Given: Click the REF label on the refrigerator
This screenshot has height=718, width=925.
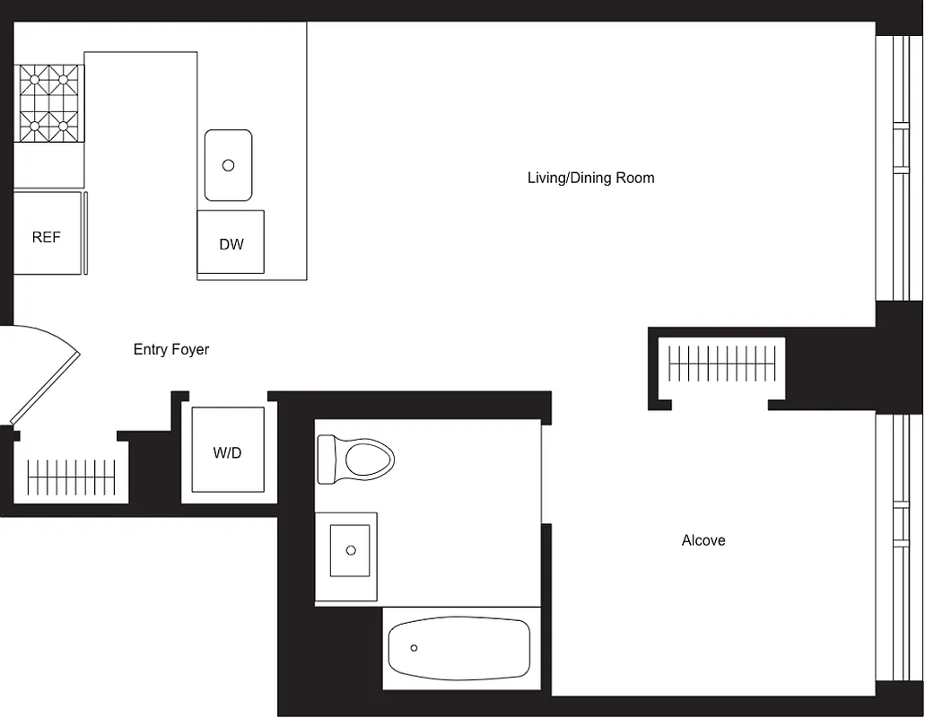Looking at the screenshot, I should tap(47, 238).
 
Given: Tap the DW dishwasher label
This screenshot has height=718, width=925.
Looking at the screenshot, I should tap(231, 244).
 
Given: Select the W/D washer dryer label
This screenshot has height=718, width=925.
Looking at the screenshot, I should tap(227, 453).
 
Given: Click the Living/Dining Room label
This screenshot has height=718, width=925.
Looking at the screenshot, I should tap(590, 178).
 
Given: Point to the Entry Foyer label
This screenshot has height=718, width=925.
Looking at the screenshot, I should tap(170, 350).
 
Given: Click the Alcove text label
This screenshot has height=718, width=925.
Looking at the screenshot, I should tap(703, 540).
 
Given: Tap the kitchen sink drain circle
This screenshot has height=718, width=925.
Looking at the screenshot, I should tap(228, 165).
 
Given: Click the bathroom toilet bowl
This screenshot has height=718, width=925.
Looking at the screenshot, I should tap(368, 460).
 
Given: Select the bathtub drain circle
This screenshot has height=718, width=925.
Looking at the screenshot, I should tap(415, 648).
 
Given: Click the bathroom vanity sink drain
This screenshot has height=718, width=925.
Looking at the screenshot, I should tap(351, 550).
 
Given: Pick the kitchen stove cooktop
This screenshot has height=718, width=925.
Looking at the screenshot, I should tap(48, 103).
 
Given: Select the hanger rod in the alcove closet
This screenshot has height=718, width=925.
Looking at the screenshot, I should tap(722, 364).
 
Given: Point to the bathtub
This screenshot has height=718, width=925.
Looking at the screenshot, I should tap(459, 649).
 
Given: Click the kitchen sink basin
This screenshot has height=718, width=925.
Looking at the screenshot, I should tap(228, 165).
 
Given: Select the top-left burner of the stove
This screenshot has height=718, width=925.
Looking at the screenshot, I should tap(36, 80).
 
